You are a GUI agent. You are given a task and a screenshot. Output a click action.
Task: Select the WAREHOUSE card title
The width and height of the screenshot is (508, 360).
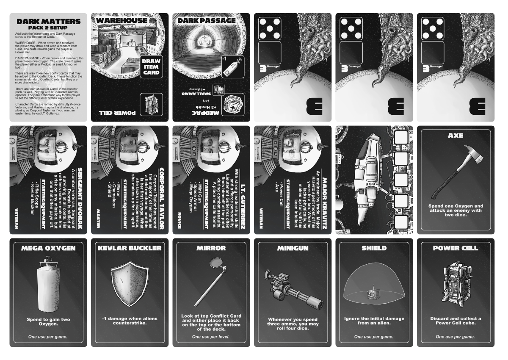[x=122, y=20]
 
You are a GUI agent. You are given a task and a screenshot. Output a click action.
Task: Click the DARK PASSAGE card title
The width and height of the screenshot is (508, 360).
[x=206, y=20]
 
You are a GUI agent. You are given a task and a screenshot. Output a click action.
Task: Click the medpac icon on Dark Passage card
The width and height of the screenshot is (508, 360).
[x=233, y=104]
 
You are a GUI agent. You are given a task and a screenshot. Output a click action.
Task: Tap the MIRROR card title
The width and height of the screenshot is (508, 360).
[x=210, y=248]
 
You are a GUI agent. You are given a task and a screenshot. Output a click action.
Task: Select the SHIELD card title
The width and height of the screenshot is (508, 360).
[x=373, y=248]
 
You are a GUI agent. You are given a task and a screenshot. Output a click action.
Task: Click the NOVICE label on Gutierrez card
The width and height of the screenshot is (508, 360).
[x=179, y=219]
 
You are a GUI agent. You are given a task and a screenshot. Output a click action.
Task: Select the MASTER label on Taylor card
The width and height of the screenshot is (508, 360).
[x=97, y=218]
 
